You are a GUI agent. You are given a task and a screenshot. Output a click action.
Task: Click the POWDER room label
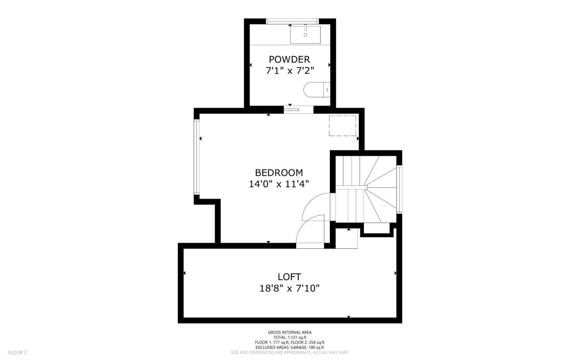pos(289,59)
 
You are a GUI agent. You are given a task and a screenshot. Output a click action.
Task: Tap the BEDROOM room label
pos(279,173)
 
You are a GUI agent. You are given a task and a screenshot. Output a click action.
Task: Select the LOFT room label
pos(289,277)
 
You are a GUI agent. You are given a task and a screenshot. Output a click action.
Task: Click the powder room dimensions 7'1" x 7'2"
pos(290,71)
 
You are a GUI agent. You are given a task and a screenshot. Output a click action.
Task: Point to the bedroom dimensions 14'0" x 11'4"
pos(279,184)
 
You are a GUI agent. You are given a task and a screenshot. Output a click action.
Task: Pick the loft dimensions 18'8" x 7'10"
pos(290,288)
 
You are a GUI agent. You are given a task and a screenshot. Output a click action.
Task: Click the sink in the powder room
pos(305,34)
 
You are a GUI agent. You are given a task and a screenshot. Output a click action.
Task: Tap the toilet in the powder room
pos(317,90)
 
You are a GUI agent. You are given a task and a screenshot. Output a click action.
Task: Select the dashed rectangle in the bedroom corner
pos(342,126)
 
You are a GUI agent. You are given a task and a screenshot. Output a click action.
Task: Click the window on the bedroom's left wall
pos(197,157)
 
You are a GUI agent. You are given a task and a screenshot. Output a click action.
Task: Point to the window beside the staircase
pos(399,190)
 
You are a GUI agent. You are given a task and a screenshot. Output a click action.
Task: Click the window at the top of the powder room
pos(292,21)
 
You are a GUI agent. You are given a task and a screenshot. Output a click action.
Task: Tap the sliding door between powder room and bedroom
pos(299,110)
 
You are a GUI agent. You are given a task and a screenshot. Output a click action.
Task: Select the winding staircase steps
pos(366,189)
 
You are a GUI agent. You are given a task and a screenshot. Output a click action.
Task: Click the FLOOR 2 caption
pos(17,352)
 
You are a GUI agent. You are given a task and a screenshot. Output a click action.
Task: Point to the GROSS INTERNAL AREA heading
pos(290,332)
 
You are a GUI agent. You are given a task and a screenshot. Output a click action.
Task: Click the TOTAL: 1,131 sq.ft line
pos(290,337)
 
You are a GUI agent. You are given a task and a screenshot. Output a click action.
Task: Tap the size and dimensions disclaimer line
pos(290,352)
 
